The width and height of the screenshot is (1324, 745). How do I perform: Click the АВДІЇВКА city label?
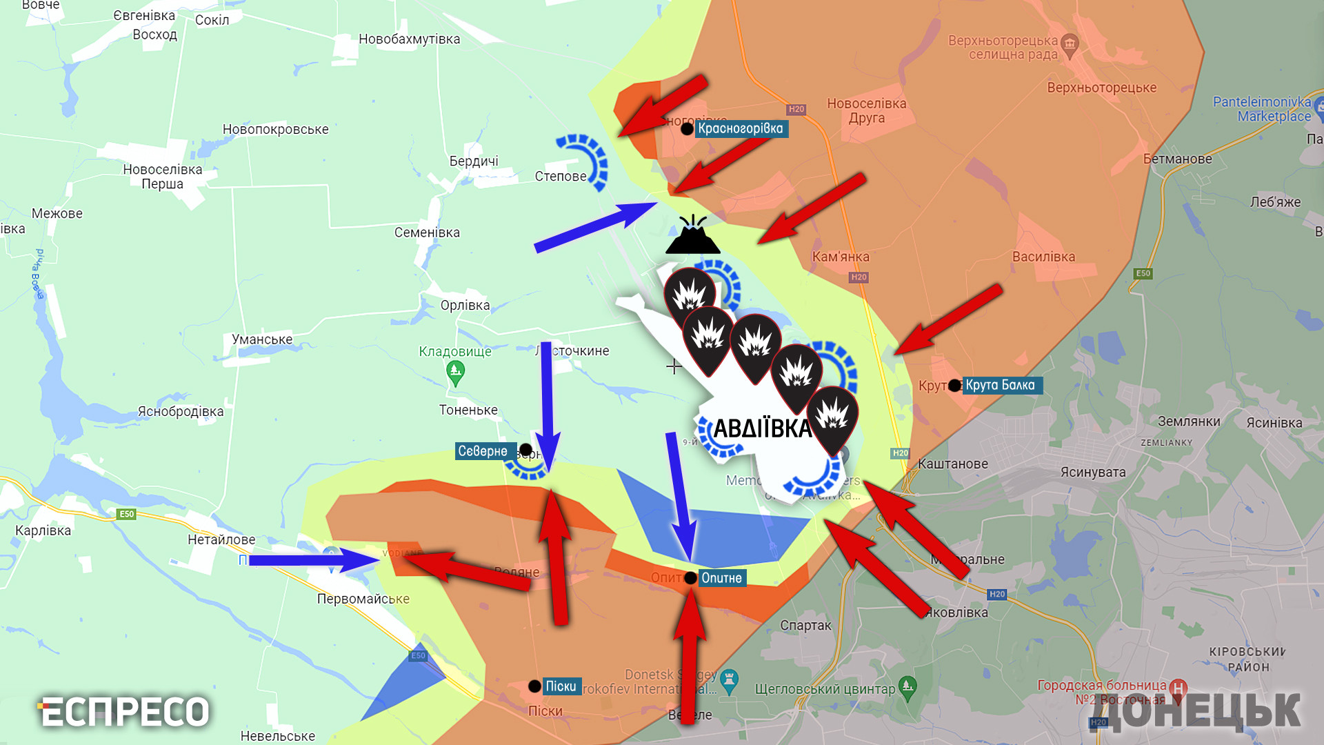point(762,428)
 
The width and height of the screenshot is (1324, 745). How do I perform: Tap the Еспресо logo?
point(124,712)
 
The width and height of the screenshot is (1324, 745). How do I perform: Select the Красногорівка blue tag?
point(741,129)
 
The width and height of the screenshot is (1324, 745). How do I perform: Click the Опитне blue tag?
point(721,578)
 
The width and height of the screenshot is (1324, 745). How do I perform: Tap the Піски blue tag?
point(561,686)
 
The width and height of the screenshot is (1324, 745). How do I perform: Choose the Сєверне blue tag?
point(483,451)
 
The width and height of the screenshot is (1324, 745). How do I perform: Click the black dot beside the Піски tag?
point(534,686)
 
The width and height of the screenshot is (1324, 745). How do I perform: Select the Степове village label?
point(561,177)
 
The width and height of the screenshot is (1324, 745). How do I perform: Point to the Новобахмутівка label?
point(409,39)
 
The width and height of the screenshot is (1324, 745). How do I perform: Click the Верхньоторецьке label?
point(1101,88)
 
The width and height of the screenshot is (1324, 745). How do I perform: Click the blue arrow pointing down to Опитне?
point(680,497)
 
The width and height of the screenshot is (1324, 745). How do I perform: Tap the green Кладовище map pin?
point(455,373)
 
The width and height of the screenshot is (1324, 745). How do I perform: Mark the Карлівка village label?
point(43,530)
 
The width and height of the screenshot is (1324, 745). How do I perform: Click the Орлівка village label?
point(465,305)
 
